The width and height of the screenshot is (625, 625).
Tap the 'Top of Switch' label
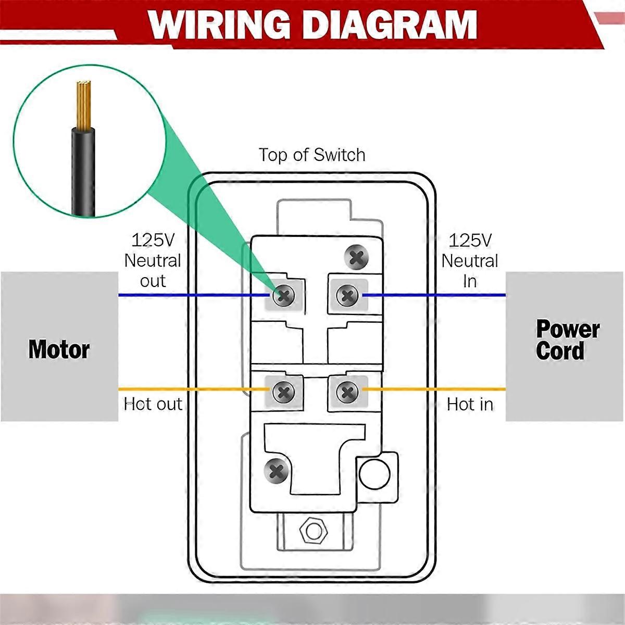pos(312,155)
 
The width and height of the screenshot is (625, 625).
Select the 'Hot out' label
pos(153,404)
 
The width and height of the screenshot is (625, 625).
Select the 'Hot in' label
pos(470,404)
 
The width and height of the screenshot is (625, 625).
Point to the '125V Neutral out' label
pos(153,260)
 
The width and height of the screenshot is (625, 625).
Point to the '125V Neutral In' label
pos(470,260)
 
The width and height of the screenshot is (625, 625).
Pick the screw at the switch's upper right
pos(357,257)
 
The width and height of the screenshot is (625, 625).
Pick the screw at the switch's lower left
pos(277,471)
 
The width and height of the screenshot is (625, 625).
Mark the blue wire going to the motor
pos(193,295)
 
